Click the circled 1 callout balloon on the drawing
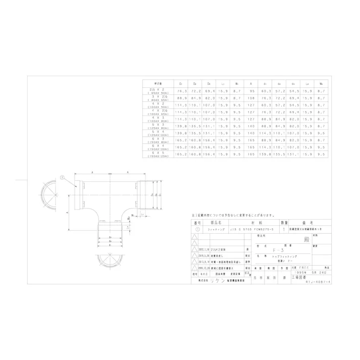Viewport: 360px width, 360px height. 62,177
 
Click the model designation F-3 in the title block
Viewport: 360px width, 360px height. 275,249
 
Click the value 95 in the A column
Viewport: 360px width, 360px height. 251,91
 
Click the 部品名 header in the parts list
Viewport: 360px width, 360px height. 212,222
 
